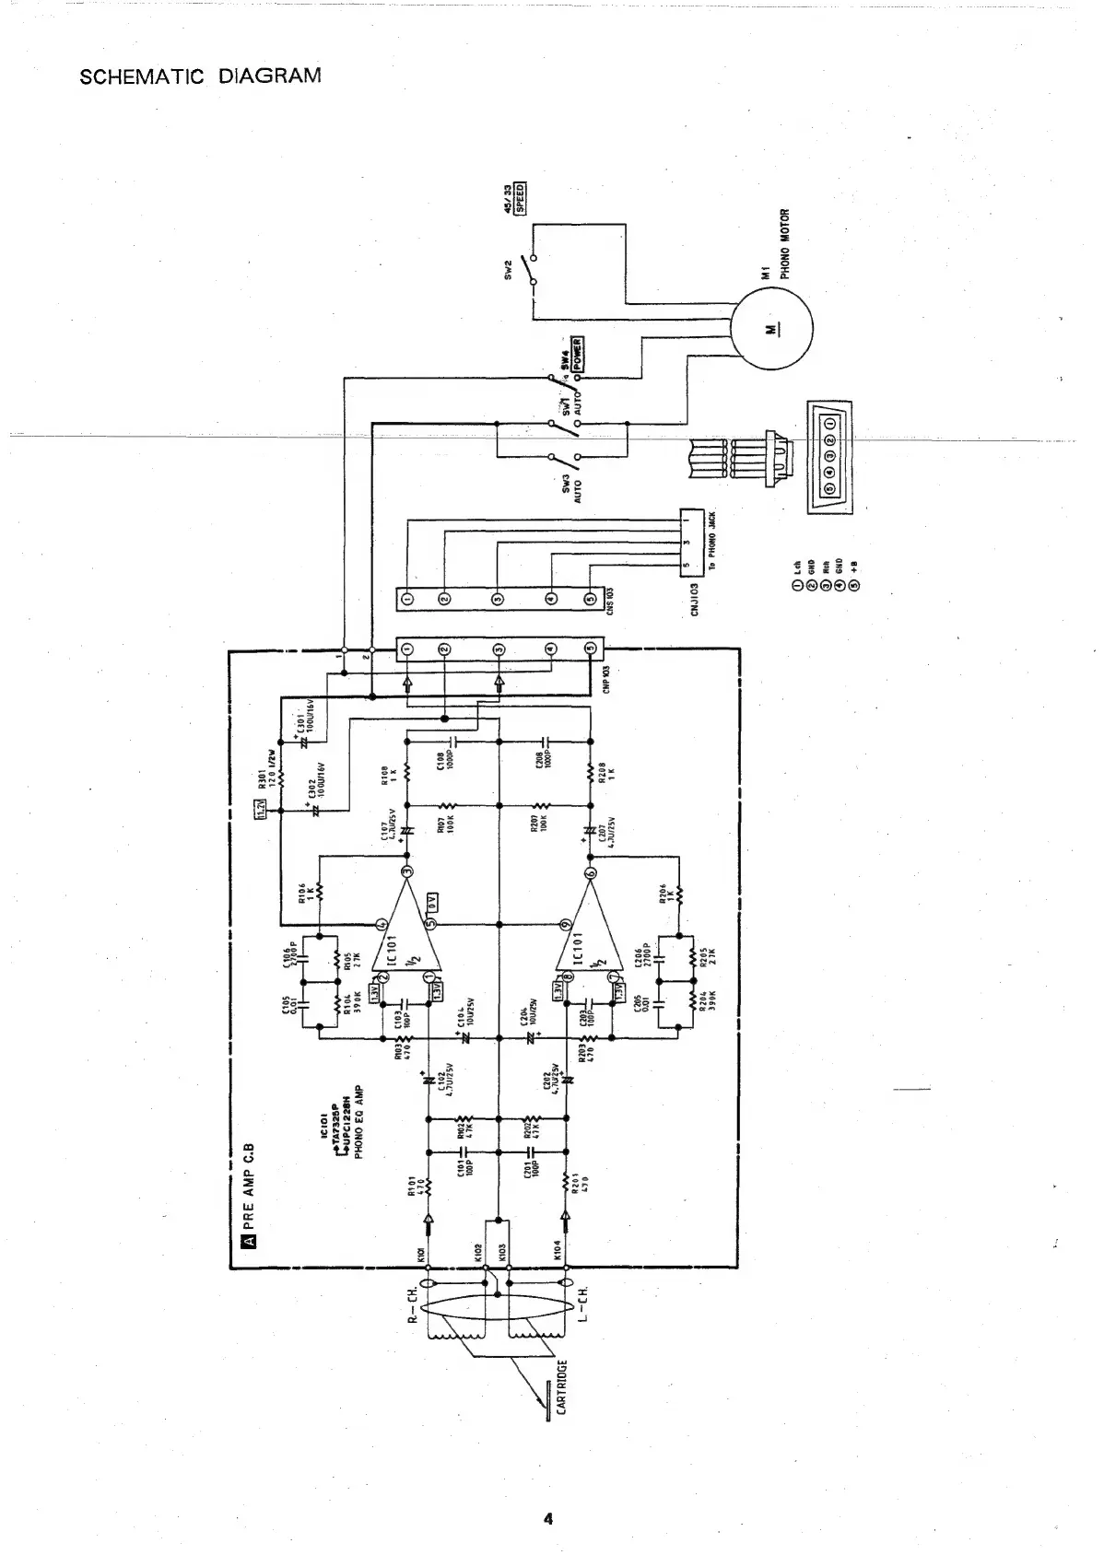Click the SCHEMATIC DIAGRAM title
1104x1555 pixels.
coord(201,76)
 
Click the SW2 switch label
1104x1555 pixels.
coord(509,268)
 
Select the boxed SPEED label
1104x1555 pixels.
coord(520,200)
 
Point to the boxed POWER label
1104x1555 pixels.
coord(578,353)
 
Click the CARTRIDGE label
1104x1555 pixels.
coord(561,1386)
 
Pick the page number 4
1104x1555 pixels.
coord(547,1518)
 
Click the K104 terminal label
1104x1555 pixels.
coord(558,1250)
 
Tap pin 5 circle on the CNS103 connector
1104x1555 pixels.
coord(591,600)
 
